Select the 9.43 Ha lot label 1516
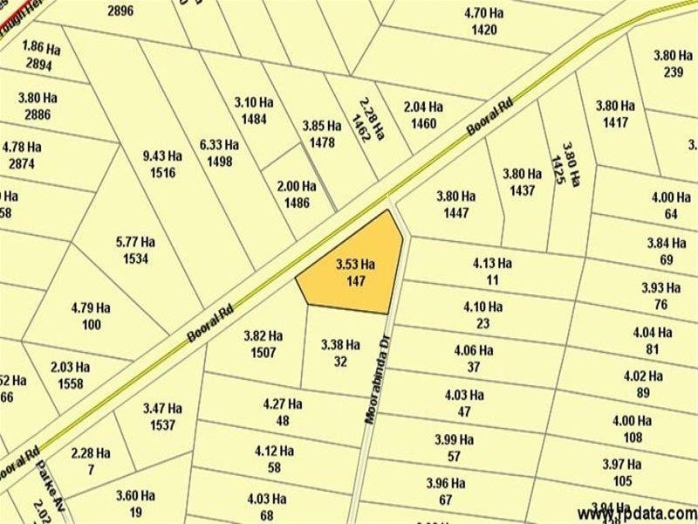[x=163, y=164]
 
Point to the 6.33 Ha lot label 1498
[x=219, y=153]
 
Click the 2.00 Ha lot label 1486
[x=296, y=194]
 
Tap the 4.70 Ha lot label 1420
[x=482, y=22]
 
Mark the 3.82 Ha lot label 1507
[x=263, y=344]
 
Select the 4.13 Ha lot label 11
[x=492, y=272]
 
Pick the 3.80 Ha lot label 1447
[x=456, y=204]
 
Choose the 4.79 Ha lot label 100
[x=91, y=316]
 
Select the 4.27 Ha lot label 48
[x=282, y=412]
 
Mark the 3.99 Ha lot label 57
[x=455, y=447]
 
